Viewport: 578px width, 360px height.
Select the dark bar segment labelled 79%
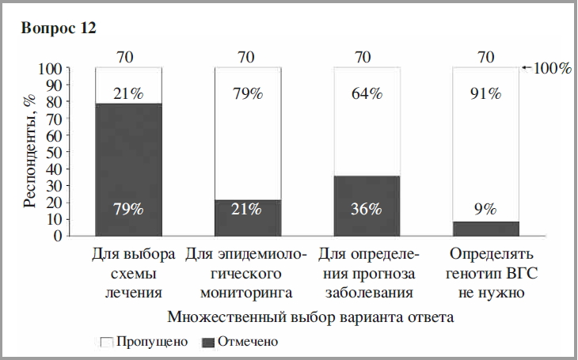point(128,169)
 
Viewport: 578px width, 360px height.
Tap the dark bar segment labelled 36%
point(367,206)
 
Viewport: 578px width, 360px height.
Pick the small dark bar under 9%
point(485,229)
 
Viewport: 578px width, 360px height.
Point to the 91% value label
point(485,94)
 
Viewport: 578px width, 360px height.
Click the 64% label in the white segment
point(367,94)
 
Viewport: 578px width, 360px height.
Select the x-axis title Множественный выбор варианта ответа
point(310,318)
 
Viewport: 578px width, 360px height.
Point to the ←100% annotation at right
point(548,69)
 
